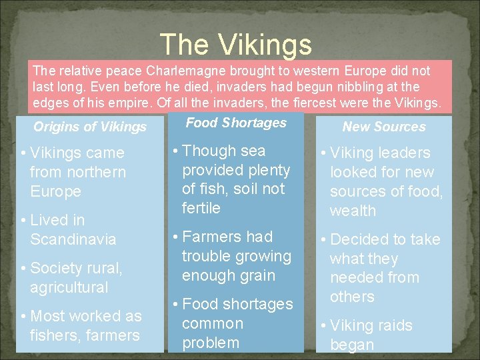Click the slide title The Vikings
point(236,45)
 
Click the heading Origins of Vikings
point(90,127)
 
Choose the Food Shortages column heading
point(236,123)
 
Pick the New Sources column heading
point(384,127)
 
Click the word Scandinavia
point(73,239)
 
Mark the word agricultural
point(69,287)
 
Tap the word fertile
point(201,208)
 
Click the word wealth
point(353,211)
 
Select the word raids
point(391,326)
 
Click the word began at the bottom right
point(352,345)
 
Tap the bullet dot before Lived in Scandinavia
point(23,220)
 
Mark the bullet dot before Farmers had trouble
point(175,237)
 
